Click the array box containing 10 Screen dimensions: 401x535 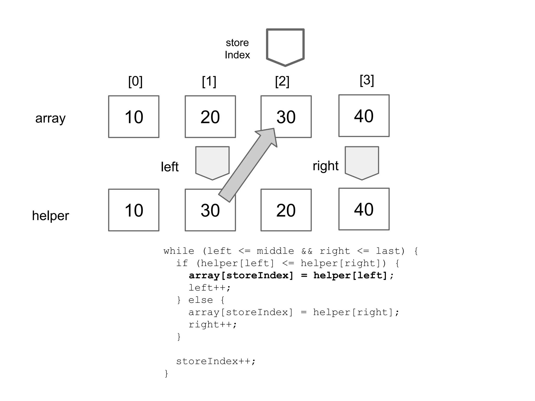[x=134, y=117]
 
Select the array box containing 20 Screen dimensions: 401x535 [x=210, y=117]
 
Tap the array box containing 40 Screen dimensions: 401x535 [x=364, y=116]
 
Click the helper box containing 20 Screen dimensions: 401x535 [x=286, y=210]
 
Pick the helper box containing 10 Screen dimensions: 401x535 [x=134, y=210]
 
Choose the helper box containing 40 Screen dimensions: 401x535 [x=364, y=209]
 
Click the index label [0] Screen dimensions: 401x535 [x=135, y=81]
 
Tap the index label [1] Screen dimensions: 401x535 [x=209, y=81]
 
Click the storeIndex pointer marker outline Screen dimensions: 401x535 [x=285, y=47]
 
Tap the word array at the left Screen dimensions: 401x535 [x=50, y=118]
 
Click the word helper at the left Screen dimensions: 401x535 [x=50, y=216]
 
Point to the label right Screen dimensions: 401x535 [x=325, y=166]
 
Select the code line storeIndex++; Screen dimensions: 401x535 [x=216, y=361]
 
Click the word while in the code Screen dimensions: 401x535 [x=179, y=251]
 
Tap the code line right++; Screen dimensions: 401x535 [x=213, y=325]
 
